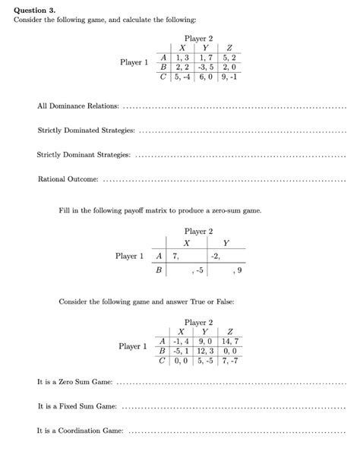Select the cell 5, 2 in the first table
click(x=229, y=56)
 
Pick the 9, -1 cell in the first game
click(x=229, y=76)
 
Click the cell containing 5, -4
click(x=181, y=76)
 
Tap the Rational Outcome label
click(x=68, y=179)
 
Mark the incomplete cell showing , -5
click(x=198, y=270)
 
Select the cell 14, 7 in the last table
click(x=229, y=342)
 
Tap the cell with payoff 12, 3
click(x=204, y=352)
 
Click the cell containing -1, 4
click(x=181, y=342)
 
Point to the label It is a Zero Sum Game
click(x=74, y=382)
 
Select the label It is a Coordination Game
click(x=81, y=430)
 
